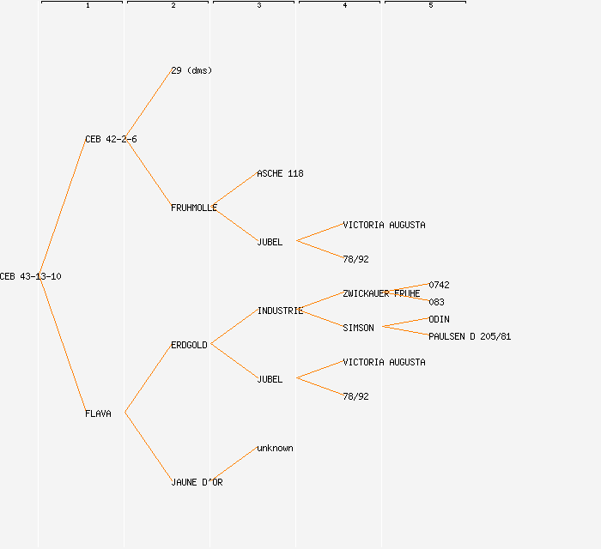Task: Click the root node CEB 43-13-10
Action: pos(31,276)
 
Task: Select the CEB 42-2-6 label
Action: pos(111,139)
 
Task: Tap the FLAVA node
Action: pos(98,413)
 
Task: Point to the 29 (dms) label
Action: pos(191,70)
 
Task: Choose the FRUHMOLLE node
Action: pos(194,208)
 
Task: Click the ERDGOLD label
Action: pos(189,345)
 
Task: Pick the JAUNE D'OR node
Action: pos(197,482)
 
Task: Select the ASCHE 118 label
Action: pos(280,173)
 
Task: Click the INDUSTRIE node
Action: pos(280,311)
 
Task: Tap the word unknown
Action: pos(275,448)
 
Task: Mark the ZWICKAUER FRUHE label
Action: pos(381,293)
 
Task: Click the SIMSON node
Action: pos(358,328)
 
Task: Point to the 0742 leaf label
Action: pos(439,285)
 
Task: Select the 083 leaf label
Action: pos(436,302)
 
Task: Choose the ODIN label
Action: pos(439,319)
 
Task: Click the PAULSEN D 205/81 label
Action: pos(470,336)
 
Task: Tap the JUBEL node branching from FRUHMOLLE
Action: pos(270,242)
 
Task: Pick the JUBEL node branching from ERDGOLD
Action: pos(270,379)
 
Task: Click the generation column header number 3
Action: pos(258,6)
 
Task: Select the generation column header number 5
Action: pos(430,6)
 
